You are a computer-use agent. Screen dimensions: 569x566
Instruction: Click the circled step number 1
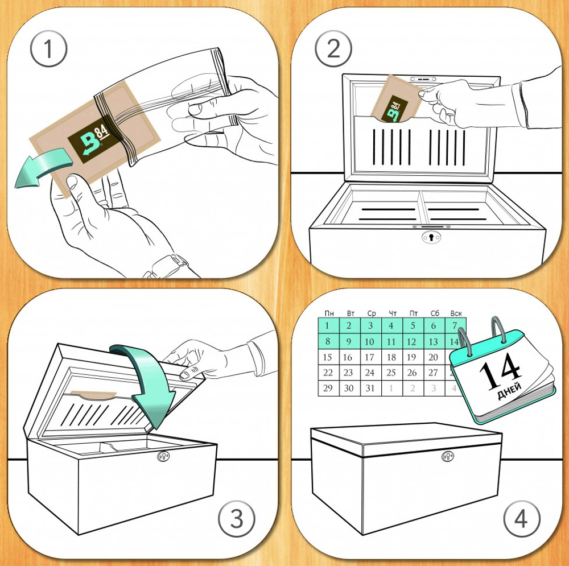click(48, 48)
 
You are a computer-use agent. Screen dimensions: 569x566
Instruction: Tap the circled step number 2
click(333, 48)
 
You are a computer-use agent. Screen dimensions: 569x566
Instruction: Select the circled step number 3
click(237, 519)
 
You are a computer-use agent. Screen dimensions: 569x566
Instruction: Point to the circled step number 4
click(521, 519)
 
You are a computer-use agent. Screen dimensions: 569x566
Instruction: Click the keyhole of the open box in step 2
click(431, 237)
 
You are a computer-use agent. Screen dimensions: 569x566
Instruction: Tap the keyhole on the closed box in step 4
click(448, 456)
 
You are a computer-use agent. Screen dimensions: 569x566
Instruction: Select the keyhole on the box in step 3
click(164, 456)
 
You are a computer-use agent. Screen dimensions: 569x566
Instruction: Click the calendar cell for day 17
click(370, 357)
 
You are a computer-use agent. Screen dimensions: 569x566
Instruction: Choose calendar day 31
click(370, 388)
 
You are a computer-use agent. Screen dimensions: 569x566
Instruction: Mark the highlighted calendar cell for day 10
click(370, 341)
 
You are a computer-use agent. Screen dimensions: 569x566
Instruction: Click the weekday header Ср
click(371, 313)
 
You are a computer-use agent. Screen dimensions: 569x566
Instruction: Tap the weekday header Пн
click(329, 313)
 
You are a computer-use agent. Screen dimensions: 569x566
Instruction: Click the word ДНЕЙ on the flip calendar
click(509, 390)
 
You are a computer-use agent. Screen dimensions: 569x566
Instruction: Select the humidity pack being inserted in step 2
click(396, 98)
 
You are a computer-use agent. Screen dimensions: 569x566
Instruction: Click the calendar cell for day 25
click(391, 373)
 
